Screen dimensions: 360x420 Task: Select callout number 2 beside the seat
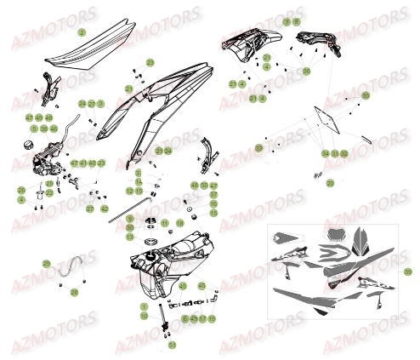click(82, 31)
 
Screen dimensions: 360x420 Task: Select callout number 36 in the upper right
click(306, 71)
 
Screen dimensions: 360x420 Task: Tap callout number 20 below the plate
click(330, 182)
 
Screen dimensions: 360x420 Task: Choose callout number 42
click(104, 208)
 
